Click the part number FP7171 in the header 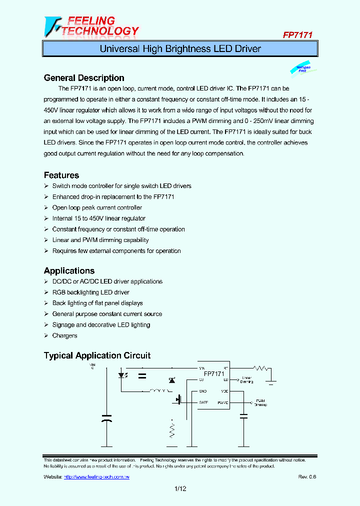coord(297,35)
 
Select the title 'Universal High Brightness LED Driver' coord(180,49)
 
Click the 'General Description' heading coord(84,78)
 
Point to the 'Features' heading coord(61,175)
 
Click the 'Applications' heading coord(69,271)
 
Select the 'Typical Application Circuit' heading coord(97,356)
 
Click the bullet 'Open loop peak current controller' coord(97,207)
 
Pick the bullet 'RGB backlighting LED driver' coord(90,292)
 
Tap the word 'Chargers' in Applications coord(64,336)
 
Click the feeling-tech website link coord(96,477)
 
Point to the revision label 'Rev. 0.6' coord(307,477)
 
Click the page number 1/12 coord(180,489)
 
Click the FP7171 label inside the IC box coord(213,374)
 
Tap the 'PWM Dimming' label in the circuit coord(260,402)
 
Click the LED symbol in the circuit coord(121,375)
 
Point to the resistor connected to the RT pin coord(261,368)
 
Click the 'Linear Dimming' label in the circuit coord(246,380)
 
